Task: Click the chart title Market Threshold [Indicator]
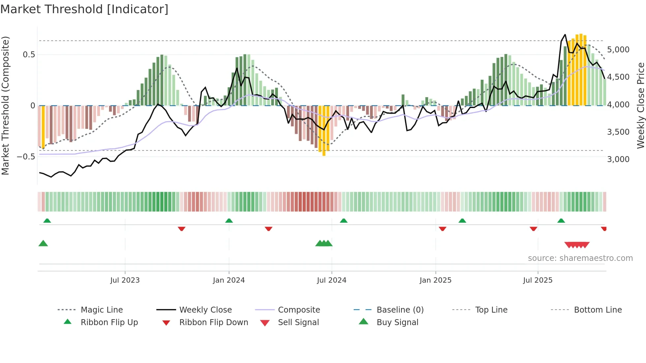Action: click(84, 9)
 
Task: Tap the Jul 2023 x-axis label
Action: click(125, 280)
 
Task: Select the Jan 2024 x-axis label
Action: click(229, 280)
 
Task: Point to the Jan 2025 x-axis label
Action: click(435, 280)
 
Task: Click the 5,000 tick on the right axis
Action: click(618, 50)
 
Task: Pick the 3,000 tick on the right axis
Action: click(618, 159)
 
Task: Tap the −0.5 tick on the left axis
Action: click(26, 157)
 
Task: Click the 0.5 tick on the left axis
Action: click(29, 55)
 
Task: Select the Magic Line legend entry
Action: click(102, 310)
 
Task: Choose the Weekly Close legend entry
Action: click(205, 310)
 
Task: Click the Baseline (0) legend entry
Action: click(400, 310)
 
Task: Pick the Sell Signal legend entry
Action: click(298, 322)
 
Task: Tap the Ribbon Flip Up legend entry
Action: click(109, 322)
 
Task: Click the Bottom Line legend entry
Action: click(598, 310)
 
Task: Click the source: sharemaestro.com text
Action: click(580, 258)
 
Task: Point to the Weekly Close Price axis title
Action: click(640, 105)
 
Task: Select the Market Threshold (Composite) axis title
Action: click(5, 105)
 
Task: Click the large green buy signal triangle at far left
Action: click(43, 243)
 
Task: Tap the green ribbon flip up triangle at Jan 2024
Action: click(229, 220)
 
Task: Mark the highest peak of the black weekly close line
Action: click(565, 35)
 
